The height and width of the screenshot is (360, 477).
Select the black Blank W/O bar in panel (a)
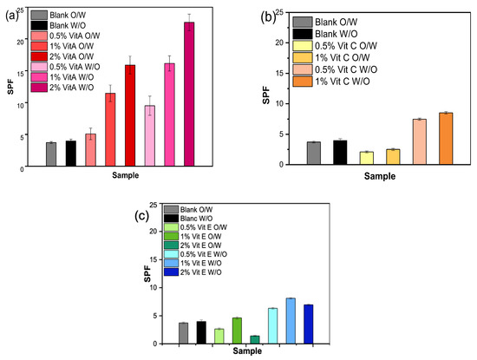71,153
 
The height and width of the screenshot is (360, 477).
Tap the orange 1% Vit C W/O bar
446,138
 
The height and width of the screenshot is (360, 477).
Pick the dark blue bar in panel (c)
308,324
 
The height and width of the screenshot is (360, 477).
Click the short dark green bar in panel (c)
254,340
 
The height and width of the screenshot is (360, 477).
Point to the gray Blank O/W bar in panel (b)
314,153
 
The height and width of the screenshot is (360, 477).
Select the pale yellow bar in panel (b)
343,158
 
